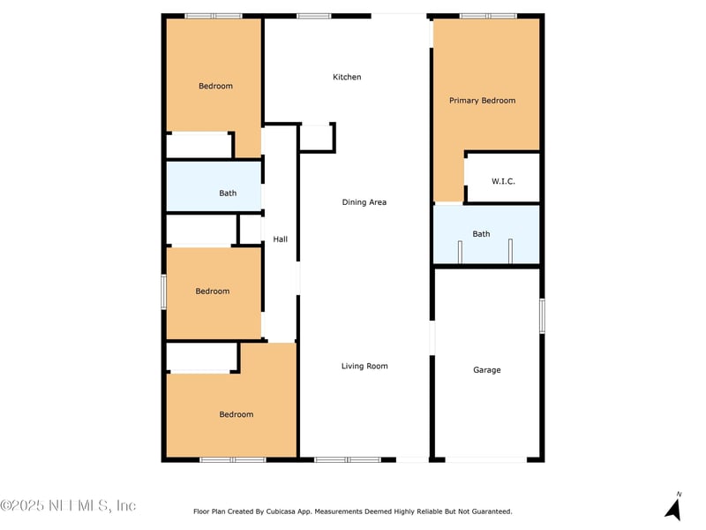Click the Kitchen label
347,78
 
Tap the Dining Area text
364,202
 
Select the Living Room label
364,366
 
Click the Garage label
487,370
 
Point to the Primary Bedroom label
482,101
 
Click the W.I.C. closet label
503,181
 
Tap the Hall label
280,239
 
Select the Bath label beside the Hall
228,193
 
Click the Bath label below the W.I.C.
481,234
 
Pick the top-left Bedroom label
215,86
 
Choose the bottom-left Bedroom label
237,414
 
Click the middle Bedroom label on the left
213,291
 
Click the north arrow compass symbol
673,508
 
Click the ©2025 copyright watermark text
68,506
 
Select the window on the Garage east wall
542,315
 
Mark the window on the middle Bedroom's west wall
163,291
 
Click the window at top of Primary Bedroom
488,16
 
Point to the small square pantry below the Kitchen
316,138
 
